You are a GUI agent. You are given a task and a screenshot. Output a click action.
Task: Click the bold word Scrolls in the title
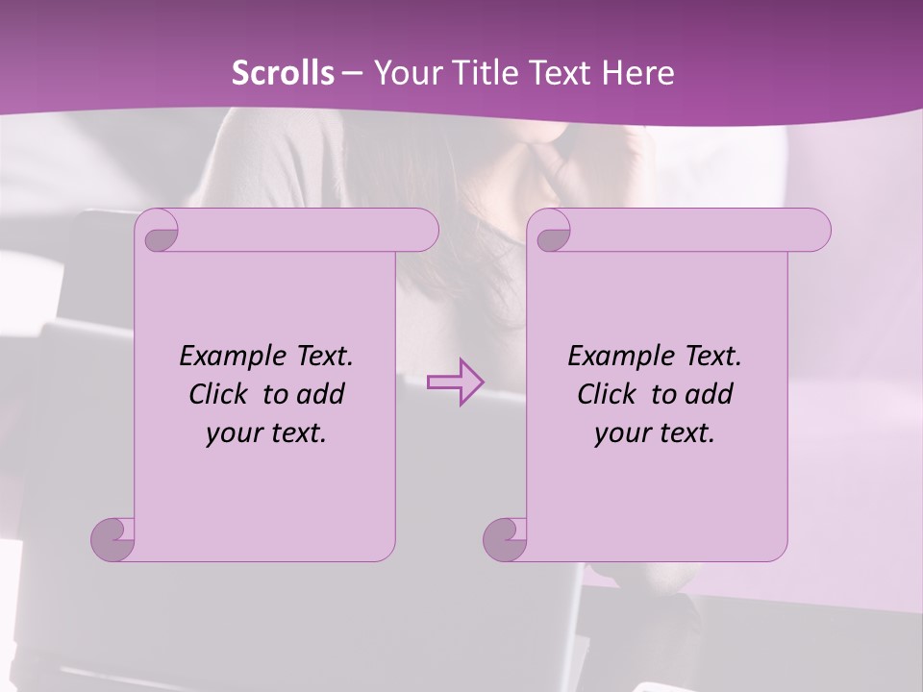[283, 73]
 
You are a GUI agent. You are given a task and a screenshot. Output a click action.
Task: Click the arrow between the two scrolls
[455, 382]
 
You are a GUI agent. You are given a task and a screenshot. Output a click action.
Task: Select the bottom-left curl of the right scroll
[506, 538]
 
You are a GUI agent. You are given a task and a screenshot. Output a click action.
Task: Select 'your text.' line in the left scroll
[266, 432]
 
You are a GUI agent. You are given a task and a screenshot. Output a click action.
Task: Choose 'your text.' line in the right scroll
[655, 432]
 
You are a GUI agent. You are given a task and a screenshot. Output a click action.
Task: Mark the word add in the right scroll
[709, 394]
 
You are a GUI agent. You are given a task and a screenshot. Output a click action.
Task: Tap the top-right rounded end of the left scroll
[422, 231]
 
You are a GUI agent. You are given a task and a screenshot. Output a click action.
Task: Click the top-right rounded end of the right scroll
[814, 231]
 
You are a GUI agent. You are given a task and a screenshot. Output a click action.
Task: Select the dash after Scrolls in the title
[352, 73]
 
